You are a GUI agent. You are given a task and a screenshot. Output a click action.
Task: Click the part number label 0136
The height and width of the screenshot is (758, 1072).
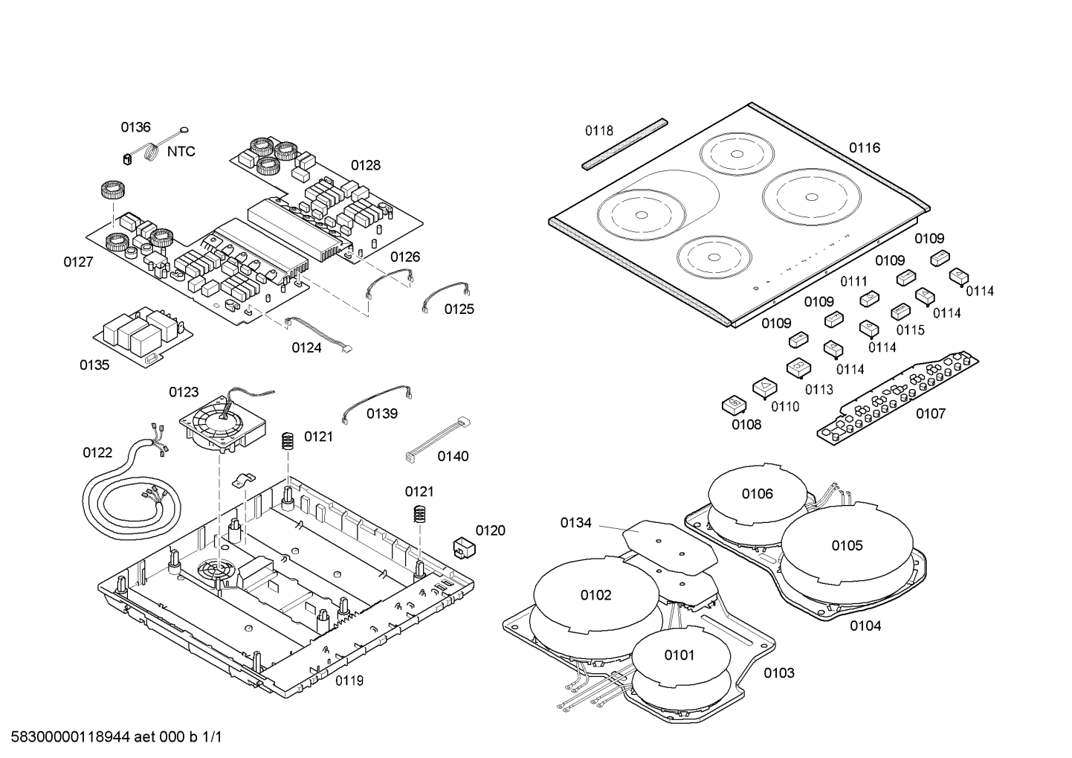coord(135,127)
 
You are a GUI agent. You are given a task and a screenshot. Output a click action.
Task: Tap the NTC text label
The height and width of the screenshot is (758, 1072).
coord(181,152)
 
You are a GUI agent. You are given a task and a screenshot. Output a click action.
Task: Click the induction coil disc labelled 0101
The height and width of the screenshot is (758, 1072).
coord(678,655)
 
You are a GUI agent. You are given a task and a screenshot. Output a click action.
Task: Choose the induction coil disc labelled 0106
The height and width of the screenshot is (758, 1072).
coord(757,494)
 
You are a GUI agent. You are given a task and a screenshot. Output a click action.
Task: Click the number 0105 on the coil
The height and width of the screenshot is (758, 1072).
coord(847,546)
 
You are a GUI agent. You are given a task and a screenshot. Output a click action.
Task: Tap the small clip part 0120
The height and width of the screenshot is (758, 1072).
coord(464,547)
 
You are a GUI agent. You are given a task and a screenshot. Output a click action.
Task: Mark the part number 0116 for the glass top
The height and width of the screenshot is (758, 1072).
coord(865,148)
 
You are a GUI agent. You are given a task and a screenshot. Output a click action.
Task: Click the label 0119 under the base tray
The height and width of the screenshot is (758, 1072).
coord(349,681)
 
